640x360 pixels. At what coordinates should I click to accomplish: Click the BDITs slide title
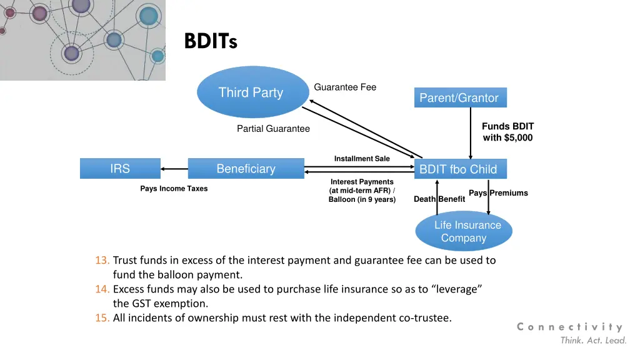coord(211,41)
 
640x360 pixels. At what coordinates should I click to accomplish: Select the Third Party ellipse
coord(252,92)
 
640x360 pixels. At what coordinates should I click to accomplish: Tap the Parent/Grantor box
coord(461,97)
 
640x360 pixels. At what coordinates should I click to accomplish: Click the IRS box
coord(120,169)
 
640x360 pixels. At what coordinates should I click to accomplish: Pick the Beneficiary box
coord(246,169)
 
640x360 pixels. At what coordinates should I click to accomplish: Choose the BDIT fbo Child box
coord(461,169)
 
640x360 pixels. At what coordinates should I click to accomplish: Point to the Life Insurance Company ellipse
coord(464,231)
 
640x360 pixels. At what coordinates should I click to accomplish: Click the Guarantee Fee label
coord(345,87)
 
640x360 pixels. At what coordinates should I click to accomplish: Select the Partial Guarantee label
coord(274,129)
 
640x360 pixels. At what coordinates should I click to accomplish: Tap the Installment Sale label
coord(362,158)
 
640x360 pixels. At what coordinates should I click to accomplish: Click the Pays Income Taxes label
coord(174,189)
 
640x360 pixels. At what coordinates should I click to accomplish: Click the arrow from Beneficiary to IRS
coord(174,169)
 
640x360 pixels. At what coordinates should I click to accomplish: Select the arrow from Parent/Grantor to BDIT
coord(471,133)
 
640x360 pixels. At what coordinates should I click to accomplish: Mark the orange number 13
coord(102,261)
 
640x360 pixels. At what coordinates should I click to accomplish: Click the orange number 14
coord(102,289)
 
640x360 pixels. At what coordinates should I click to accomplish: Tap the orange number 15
coord(102,318)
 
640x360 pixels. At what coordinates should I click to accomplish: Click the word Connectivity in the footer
coord(570,327)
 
